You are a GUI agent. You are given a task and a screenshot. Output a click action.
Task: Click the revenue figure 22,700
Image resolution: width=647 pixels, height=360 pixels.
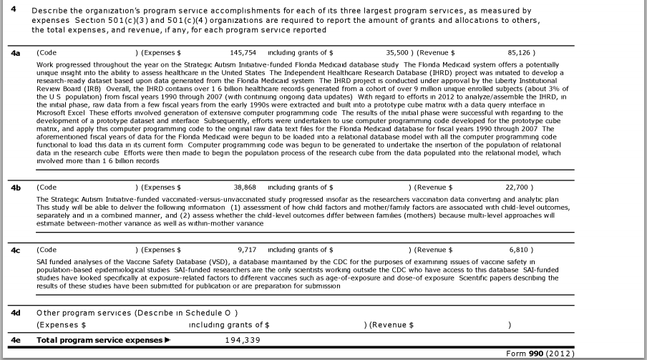[520, 188]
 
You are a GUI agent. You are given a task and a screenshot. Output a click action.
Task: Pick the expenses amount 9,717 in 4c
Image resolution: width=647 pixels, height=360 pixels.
[246, 250]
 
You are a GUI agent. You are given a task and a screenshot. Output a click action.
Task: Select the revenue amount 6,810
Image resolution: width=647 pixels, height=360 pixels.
[522, 250]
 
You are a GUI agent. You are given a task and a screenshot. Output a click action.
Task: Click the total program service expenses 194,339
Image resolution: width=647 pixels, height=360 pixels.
[243, 340]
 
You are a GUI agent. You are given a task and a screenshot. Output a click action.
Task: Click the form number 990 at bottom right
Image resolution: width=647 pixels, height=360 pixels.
[536, 354]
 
